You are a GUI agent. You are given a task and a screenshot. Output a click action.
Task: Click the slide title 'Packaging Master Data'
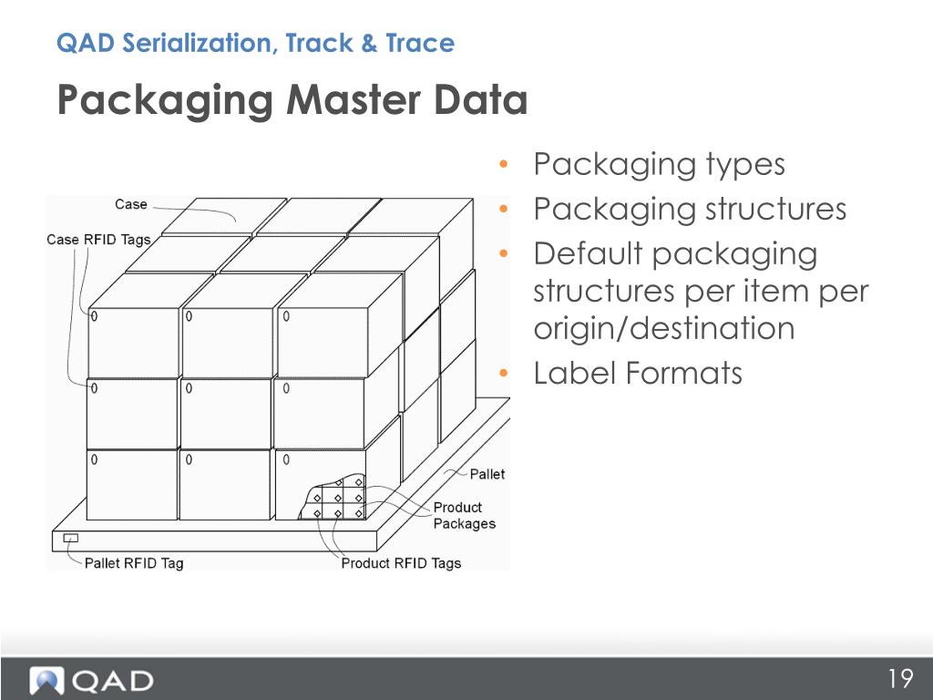tap(292, 100)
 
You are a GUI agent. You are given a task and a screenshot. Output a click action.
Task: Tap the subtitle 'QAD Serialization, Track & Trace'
tap(255, 43)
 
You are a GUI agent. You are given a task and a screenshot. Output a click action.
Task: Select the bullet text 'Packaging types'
tap(659, 165)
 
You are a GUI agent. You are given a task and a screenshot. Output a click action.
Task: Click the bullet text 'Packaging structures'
tap(690, 210)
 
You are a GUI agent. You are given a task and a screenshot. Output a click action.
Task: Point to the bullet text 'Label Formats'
tap(638, 373)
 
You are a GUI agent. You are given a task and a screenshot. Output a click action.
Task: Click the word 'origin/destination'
tap(664, 328)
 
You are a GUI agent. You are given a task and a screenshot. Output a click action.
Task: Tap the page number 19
tap(900, 679)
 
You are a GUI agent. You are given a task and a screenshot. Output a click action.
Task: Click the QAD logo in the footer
tap(91, 680)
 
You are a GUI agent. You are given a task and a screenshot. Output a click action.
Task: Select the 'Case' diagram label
tap(131, 204)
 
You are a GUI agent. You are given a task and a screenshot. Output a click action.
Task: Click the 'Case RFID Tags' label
tap(98, 240)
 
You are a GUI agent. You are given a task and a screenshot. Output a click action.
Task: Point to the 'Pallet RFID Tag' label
tap(134, 563)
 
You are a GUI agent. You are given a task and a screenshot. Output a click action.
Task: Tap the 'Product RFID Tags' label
tap(401, 563)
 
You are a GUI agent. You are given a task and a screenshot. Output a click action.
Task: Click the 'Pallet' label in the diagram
tap(487, 474)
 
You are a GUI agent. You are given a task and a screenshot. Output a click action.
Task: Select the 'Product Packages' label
tap(464, 516)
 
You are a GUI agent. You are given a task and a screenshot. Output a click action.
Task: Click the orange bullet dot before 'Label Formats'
tap(503, 374)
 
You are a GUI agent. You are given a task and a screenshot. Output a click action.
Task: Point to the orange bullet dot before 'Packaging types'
tap(503, 166)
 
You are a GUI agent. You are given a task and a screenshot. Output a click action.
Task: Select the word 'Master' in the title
tap(348, 100)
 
